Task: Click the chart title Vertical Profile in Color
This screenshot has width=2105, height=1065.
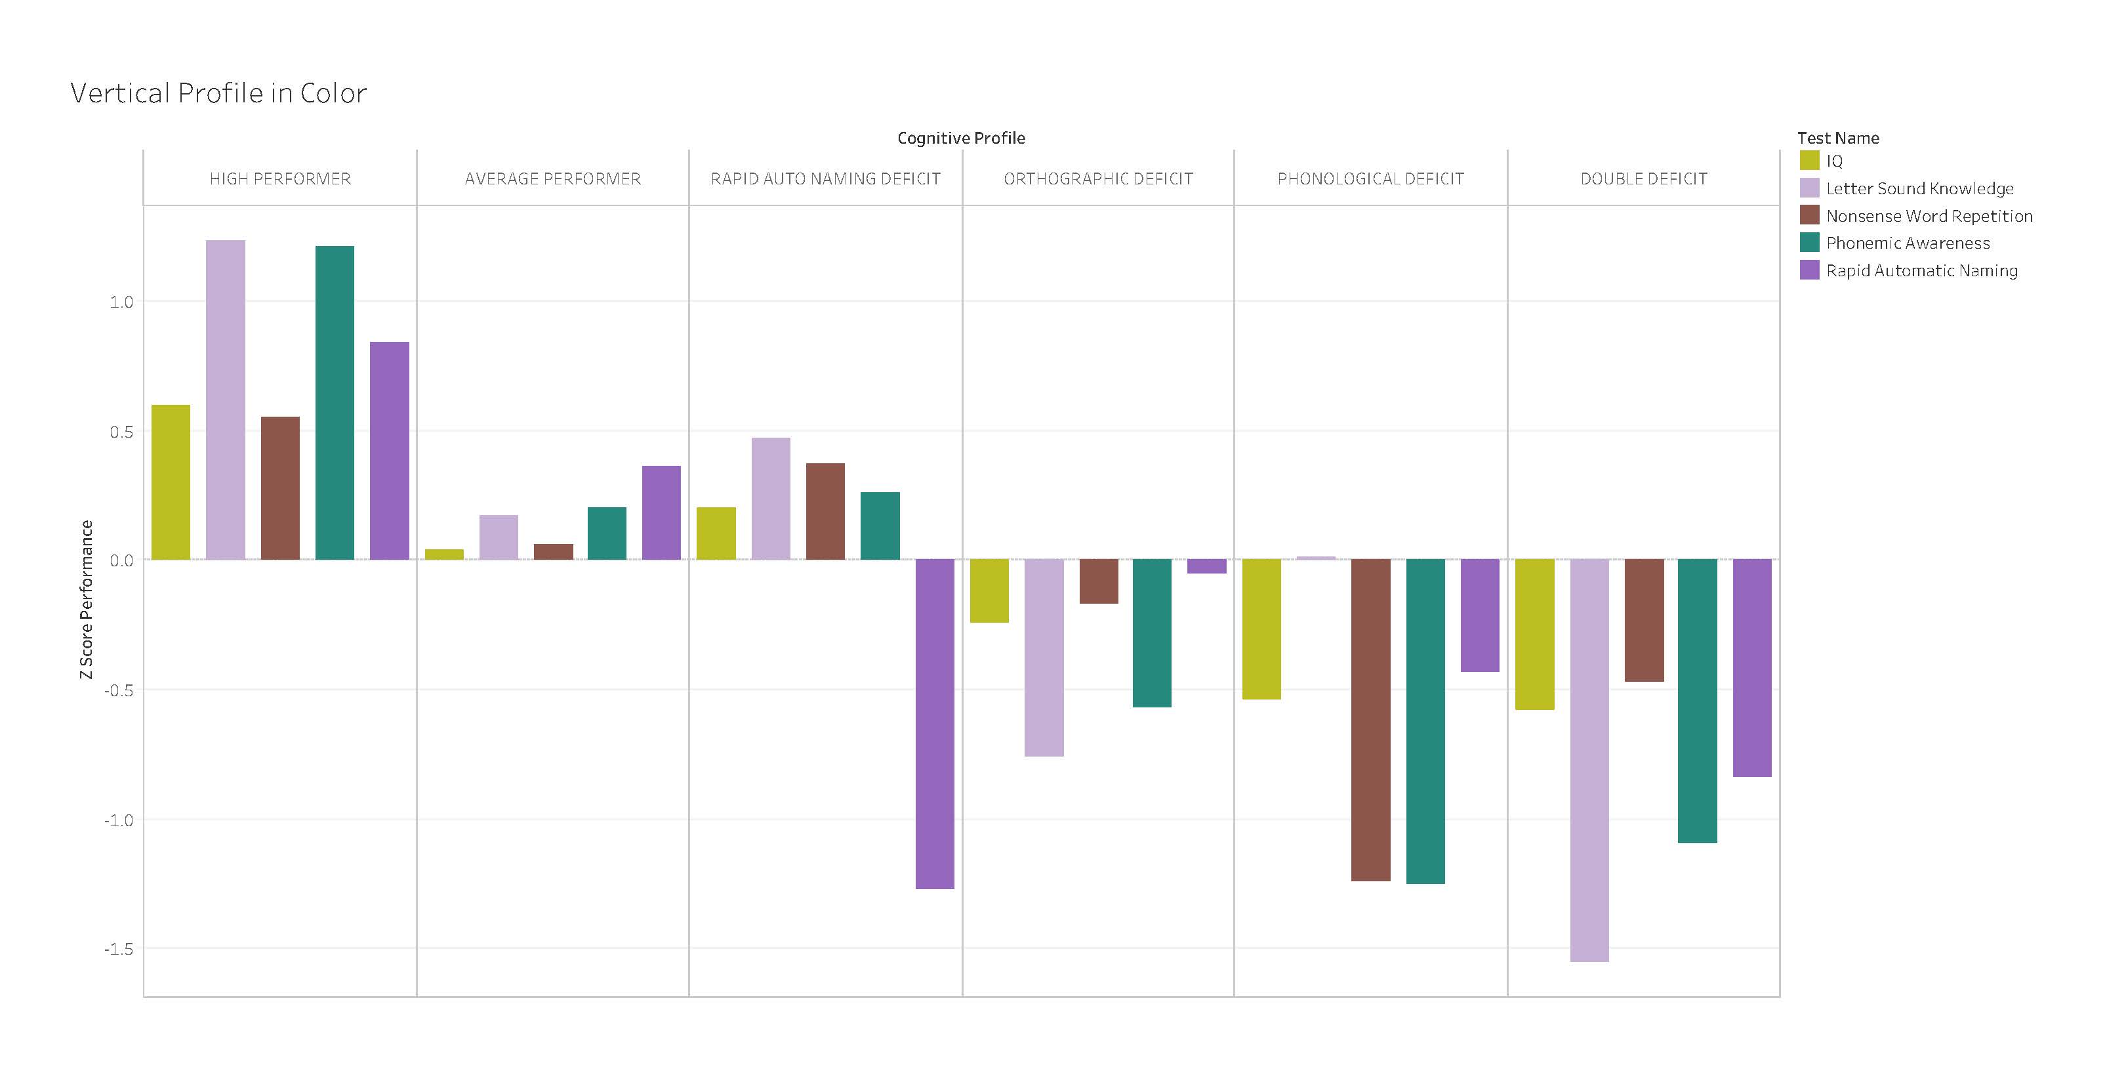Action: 218,93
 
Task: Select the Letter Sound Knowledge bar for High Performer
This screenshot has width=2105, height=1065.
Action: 226,400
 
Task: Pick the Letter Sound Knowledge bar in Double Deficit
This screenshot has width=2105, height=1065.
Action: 1589,760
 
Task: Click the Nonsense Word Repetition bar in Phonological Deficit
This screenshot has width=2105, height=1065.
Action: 1370,719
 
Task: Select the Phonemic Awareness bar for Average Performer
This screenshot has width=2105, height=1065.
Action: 607,533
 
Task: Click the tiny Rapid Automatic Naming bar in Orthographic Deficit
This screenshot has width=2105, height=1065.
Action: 1206,566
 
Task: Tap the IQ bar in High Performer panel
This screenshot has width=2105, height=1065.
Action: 171,482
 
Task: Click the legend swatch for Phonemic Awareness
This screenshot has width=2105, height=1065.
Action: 1809,243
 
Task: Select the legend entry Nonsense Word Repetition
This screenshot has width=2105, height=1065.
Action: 1929,216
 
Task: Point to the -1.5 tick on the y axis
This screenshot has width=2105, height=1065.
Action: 119,949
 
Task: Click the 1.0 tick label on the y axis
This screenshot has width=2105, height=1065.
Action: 121,302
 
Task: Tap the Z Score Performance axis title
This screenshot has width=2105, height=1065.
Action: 87,599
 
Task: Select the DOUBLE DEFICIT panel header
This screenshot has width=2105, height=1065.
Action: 1643,179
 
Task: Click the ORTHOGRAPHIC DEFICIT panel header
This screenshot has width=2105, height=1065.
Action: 1097,179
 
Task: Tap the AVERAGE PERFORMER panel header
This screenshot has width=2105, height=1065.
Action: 552,179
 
